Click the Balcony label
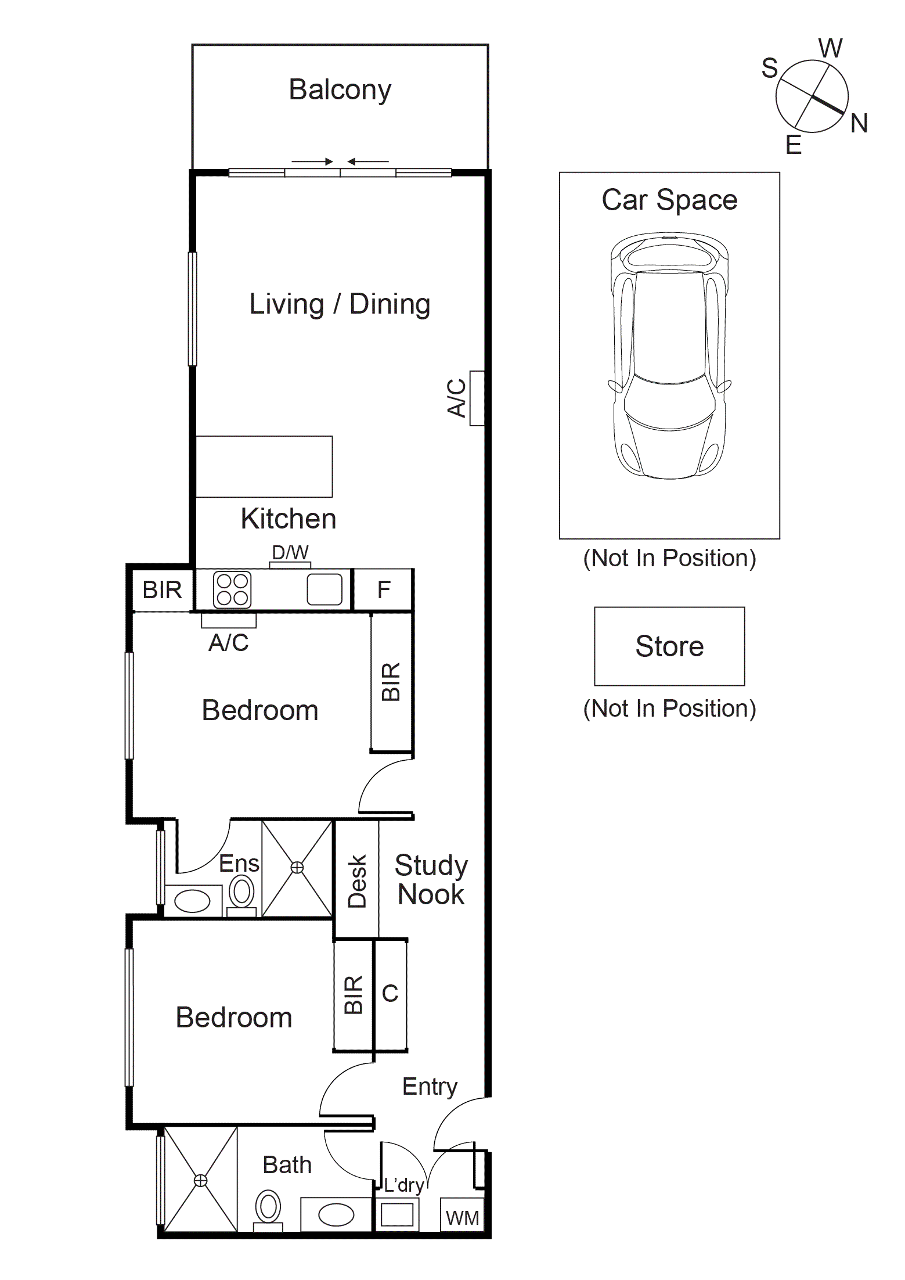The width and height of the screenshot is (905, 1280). click(x=340, y=90)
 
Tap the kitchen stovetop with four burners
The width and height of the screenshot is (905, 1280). click(x=232, y=589)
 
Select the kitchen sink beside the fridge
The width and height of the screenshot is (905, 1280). click(x=324, y=589)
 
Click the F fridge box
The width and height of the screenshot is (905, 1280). click(x=383, y=590)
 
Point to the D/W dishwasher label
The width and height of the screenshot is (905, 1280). click(x=290, y=553)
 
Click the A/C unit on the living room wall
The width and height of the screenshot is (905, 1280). click(x=477, y=398)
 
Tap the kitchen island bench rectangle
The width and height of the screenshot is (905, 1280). click(x=264, y=466)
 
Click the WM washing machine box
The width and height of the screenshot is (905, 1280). click(x=462, y=1217)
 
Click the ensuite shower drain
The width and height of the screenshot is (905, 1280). click(x=297, y=868)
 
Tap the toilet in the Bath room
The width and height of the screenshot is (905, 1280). click(x=268, y=1210)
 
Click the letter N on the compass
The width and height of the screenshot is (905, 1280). click(x=859, y=124)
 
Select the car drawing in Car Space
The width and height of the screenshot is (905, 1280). click(x=669, y=355)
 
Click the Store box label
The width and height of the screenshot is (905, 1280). click(x=669, y=646)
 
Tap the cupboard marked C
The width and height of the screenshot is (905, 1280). click(x=390, y=994)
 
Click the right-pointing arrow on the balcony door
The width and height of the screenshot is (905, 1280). click(x=312, y=161)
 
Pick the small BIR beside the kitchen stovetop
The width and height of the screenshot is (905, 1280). click(x=162, y=590)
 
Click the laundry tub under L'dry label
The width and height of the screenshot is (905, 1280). click(x=397, y=1214)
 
